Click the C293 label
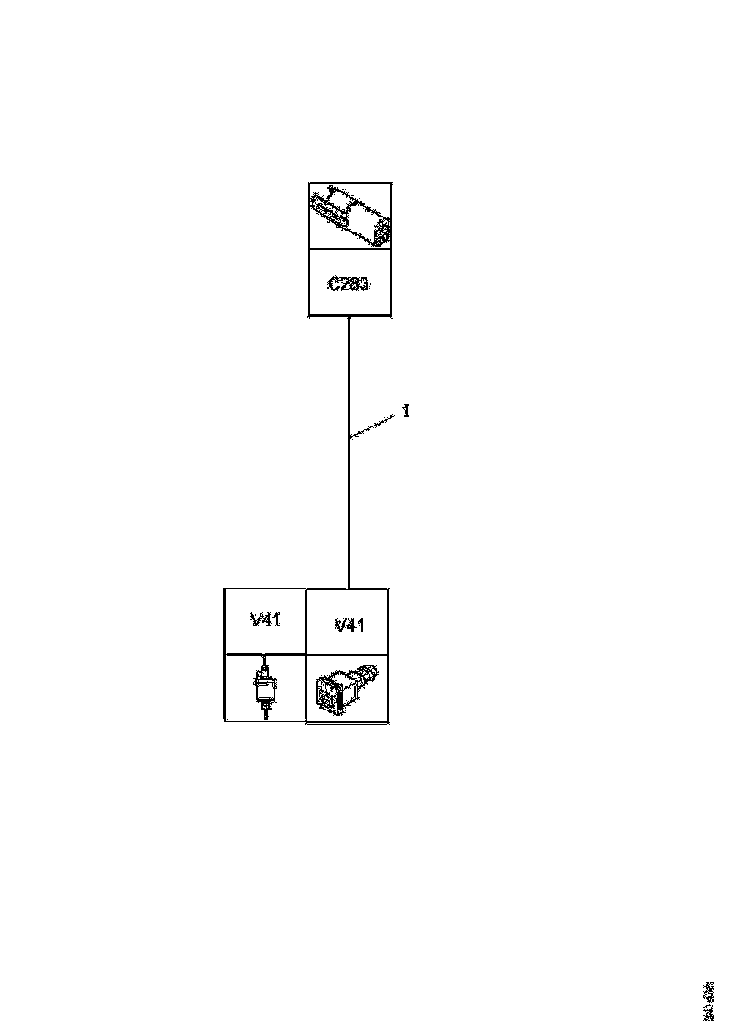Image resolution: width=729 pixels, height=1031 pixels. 349,283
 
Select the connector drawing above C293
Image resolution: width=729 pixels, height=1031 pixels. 350,217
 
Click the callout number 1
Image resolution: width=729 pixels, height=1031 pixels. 406,411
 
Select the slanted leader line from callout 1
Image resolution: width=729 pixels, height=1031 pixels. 375,423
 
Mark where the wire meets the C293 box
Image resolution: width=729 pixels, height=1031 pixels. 349,317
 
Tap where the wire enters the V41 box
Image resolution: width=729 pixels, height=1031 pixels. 349,588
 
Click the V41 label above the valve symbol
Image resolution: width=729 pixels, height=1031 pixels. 265,620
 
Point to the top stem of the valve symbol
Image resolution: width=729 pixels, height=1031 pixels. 265,668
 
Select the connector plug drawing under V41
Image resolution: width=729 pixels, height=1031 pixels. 348,688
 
